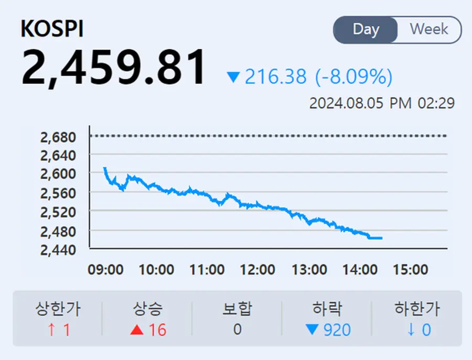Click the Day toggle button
[366, 29]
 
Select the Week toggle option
[429, 29]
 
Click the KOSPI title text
[52, 29]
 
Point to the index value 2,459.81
[114, 68]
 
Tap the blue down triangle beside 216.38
[233, 78]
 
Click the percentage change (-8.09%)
[353, 77]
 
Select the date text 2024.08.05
[347, 103]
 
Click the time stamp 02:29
[436, 103]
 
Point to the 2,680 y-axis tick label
[58, 137]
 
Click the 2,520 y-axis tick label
[58, 212]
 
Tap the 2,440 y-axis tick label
[58, 250]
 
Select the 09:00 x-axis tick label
[105, 270]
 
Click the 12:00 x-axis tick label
[258, 270]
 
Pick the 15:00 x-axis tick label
[411, 270]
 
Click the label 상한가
[58, 309]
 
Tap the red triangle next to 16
[137, 330]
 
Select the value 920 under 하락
[337, 330]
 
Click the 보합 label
[237, 309]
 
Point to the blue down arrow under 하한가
[412, 330]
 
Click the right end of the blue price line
[381, 238]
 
